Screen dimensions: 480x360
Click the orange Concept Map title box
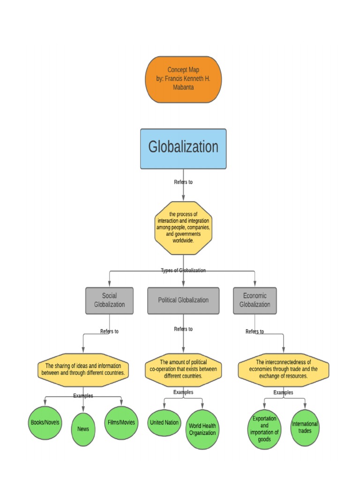(183, 80)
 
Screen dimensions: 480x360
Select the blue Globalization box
(183, 149)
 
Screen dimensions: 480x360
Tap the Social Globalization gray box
(110, 300)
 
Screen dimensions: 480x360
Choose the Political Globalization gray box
(183, 300)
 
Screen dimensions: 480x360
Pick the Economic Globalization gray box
(255, 300)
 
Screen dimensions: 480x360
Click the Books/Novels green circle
(45, 422)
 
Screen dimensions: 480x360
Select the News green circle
(83, 429)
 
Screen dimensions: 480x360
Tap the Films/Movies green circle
(121, 422)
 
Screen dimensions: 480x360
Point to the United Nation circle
(164, 422)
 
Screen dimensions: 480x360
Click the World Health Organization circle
(202, 429)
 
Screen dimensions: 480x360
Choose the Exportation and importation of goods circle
(264, 429)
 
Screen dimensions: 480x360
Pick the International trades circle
(305, 427)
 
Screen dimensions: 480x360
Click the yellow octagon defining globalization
(183, 228)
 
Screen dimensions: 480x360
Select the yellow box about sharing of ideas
(83, 370)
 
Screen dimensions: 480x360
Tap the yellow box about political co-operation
(183, 369)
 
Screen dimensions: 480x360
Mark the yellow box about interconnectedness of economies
(283, 369)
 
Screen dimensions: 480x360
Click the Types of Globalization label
(183, 270)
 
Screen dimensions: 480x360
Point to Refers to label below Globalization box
(183, 182)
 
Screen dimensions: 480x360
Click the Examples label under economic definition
(283, 392)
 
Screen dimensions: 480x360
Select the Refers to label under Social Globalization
(110, 331)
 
